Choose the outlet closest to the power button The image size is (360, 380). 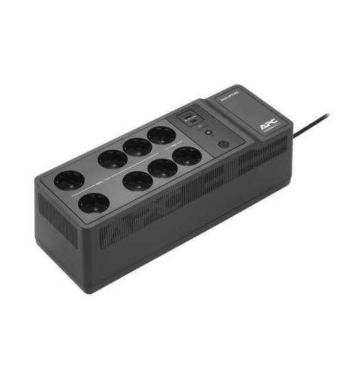[187, 156]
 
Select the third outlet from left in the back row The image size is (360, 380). [137, 146]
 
